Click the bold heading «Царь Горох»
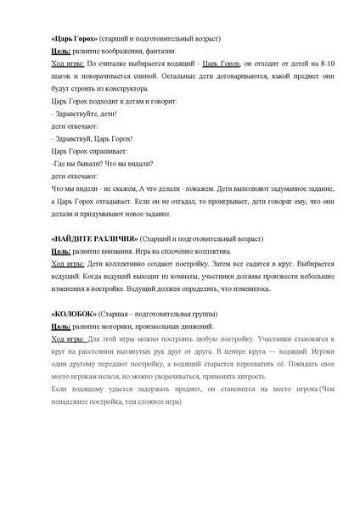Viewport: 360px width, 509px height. pyautogui.click(x=74, y=39)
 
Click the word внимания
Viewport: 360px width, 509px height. pyautogui.click(x=124, y=251)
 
